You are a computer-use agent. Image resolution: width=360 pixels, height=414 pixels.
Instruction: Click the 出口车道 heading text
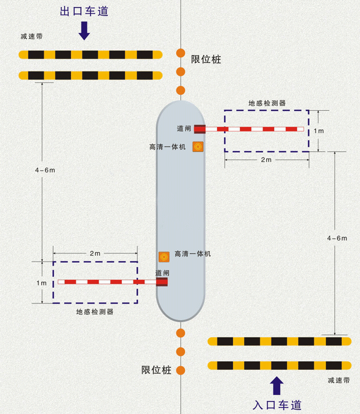84,12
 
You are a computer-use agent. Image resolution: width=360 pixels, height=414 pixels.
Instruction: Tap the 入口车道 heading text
277,404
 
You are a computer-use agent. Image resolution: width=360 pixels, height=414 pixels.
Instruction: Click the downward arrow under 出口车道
84,30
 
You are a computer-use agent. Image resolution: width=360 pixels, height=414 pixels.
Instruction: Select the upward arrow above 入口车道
277,385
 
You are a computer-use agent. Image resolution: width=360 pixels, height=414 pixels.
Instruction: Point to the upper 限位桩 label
206,60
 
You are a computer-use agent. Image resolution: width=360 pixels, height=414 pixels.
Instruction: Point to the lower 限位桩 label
156,370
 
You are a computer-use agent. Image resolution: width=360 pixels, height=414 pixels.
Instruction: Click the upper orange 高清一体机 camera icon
197,147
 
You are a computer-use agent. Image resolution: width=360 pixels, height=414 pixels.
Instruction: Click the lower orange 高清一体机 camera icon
164,257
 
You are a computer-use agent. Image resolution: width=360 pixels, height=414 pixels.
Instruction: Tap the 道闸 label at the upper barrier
184,129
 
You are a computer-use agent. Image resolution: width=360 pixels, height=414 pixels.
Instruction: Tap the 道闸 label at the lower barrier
162,273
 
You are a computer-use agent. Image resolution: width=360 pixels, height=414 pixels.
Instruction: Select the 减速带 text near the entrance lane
338,380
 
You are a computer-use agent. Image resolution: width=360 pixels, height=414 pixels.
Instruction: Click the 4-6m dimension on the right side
336,238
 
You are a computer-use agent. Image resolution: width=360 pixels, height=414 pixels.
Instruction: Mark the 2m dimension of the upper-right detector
266,159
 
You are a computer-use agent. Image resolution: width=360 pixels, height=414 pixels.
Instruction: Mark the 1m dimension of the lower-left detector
41,283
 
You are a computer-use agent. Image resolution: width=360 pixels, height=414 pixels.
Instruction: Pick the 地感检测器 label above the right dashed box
267,103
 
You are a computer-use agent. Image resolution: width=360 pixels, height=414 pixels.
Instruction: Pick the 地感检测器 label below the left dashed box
95,312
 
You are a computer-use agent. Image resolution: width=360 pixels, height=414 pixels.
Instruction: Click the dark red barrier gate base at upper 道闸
200,129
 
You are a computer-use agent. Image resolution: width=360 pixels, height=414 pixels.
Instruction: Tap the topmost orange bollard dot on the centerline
180,53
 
